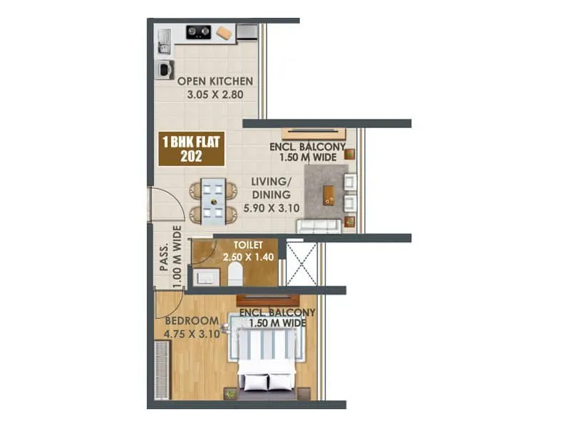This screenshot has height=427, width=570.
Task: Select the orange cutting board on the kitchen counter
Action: click(x=224, y=33)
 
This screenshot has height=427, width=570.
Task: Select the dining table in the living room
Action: click(x=213, y=200)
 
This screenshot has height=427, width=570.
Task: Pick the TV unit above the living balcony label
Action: click(x=313, y=134)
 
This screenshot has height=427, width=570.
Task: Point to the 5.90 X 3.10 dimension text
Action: click(x=270, y=209)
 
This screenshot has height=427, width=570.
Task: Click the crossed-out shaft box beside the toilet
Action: click(x=303, y=263)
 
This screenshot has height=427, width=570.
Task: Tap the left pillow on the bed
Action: click(x=254, y=381)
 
